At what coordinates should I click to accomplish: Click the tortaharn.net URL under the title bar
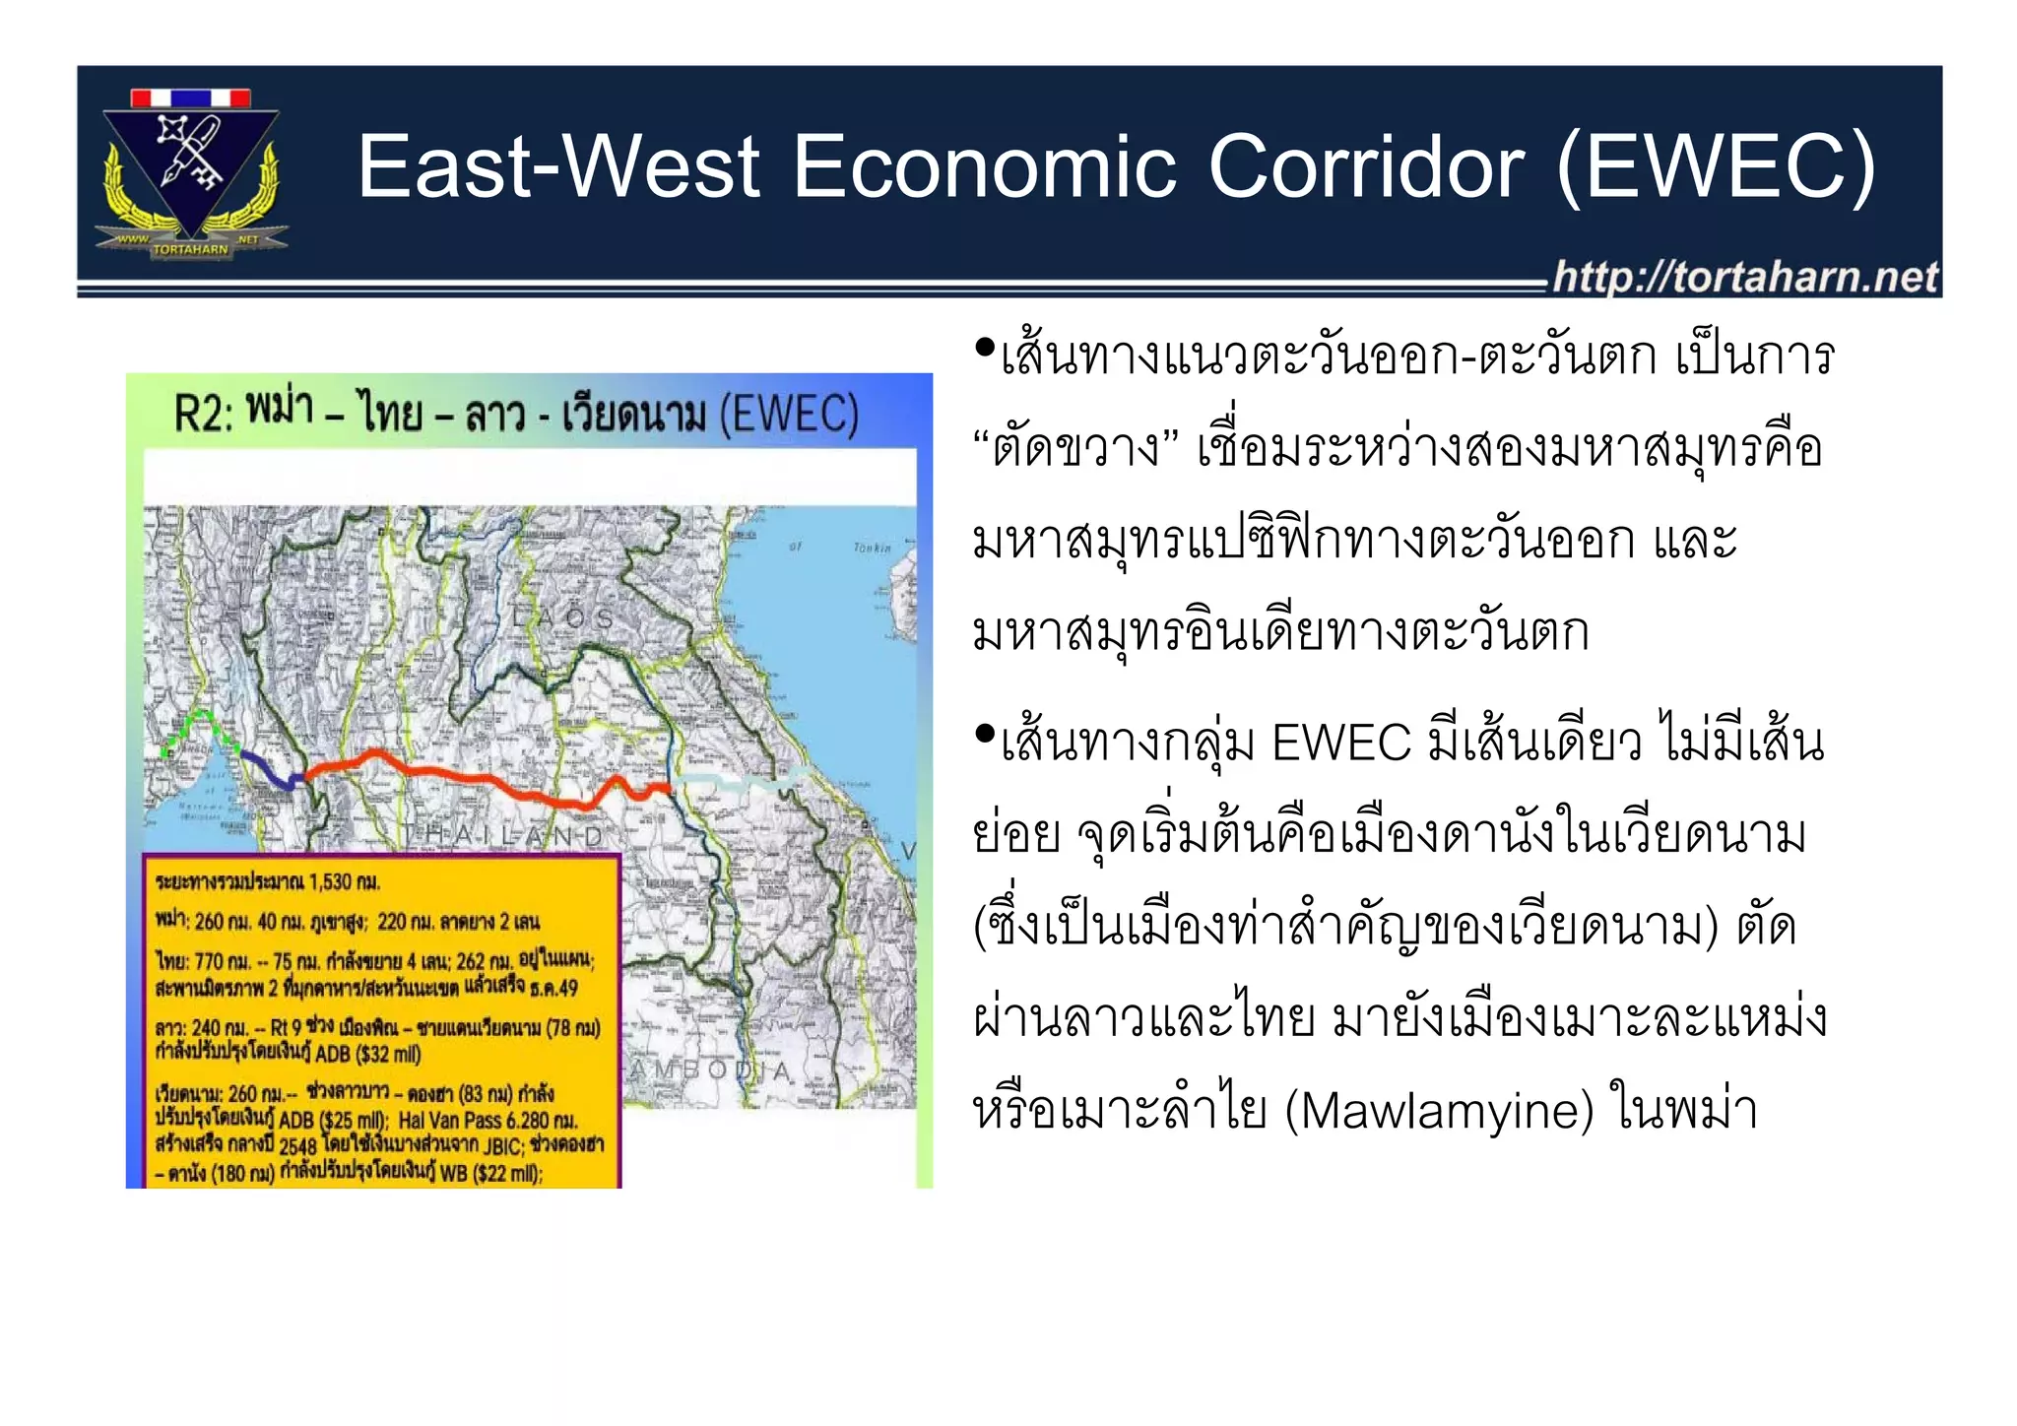coord(1745,277)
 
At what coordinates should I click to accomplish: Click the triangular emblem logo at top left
coord(191,167)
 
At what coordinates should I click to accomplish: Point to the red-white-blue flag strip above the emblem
coord(191,97)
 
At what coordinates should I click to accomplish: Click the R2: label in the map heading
coord(204,414)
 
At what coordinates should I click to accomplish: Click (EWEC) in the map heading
coord(788,414)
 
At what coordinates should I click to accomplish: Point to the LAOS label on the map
coord(562,618)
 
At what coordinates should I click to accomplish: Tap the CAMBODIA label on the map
coord(709,1070)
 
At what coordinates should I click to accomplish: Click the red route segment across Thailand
coord(473,776)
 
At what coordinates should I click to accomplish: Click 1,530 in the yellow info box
coord(330,881)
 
